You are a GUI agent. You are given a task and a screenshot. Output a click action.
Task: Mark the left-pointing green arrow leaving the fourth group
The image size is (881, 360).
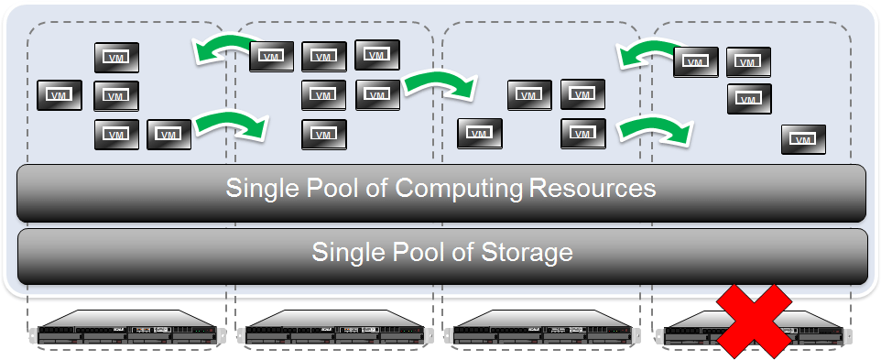point(647,51)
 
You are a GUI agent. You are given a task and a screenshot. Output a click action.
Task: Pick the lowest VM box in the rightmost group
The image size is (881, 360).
point(803,140)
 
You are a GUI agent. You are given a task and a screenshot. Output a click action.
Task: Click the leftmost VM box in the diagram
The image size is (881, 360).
point(60,95)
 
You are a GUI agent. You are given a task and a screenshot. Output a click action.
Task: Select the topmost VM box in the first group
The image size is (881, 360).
point(116,58)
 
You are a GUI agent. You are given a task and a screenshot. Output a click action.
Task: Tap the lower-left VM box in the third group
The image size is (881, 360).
point(480,133)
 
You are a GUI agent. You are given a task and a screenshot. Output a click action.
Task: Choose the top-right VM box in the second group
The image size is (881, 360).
point(376,54)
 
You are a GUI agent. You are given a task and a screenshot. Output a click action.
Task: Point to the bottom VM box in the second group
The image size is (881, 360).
point(323,134)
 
